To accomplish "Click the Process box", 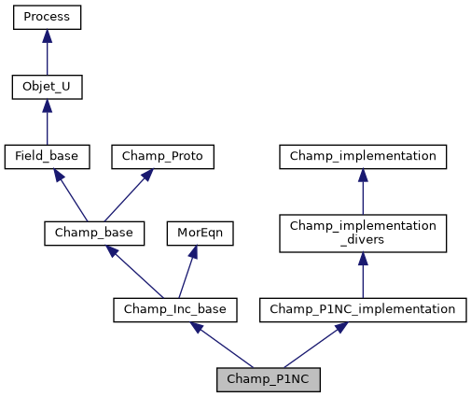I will [x=47, y=17].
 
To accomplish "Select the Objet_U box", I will [x=47, y=88].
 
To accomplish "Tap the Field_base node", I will [x=47, y=157].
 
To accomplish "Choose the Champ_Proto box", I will [x=163, y=157].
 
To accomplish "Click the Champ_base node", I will [x=93, y=233].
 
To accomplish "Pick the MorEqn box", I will [x=200, y=233].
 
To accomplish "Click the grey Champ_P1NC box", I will [x=268, y=380].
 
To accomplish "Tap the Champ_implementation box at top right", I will [x=363, y=157].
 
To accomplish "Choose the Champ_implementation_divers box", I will [x=363, y=233].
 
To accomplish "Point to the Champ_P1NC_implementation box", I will [x=363, y=309].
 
